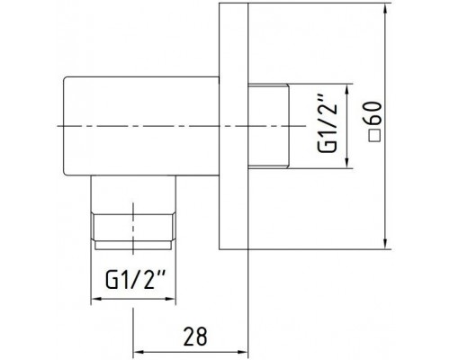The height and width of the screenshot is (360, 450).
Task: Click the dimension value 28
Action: pos(195,337)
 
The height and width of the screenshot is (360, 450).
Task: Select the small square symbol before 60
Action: pos(375,136)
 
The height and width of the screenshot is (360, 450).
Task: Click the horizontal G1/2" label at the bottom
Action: pos(136,279)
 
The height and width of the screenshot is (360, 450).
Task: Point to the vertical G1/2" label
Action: pos(328,123)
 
